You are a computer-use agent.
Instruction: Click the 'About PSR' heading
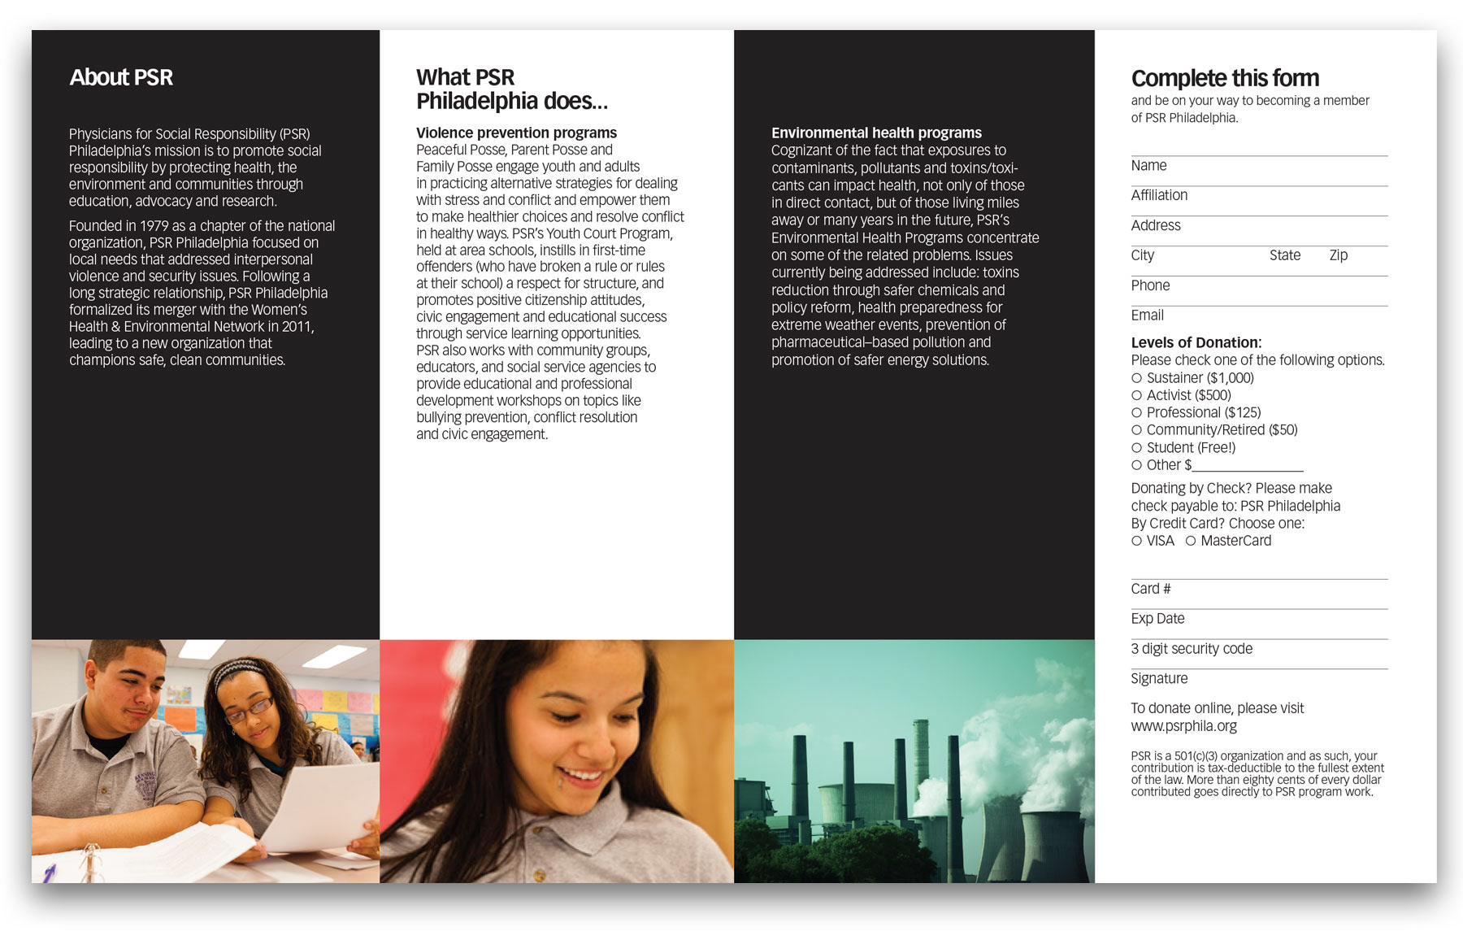tap(121, 77)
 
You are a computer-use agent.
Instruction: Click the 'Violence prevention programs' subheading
tap(516, 133)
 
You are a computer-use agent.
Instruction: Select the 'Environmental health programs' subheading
tap(876, 133)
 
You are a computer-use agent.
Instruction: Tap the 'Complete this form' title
tap(1225, 78)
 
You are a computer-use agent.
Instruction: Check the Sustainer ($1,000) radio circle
tap(1136, 378)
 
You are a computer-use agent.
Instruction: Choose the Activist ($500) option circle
tap(1136, 395)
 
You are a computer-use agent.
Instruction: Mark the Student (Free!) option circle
tap(1136, 448)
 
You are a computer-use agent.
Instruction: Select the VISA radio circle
tap(1136, 541)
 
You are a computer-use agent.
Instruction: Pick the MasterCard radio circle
tap(1190, 541)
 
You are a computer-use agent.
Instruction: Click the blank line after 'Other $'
tap(1248, 467)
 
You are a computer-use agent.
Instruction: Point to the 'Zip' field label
tap(1338, 255)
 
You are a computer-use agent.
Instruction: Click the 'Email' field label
tap(1147, 316)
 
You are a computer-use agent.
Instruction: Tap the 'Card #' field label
tap(1150, 589)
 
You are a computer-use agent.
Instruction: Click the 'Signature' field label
tap(1159, 679)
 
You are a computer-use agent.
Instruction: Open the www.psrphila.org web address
tap(1183, 726)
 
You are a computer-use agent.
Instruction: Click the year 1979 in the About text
tap(154, 226)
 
